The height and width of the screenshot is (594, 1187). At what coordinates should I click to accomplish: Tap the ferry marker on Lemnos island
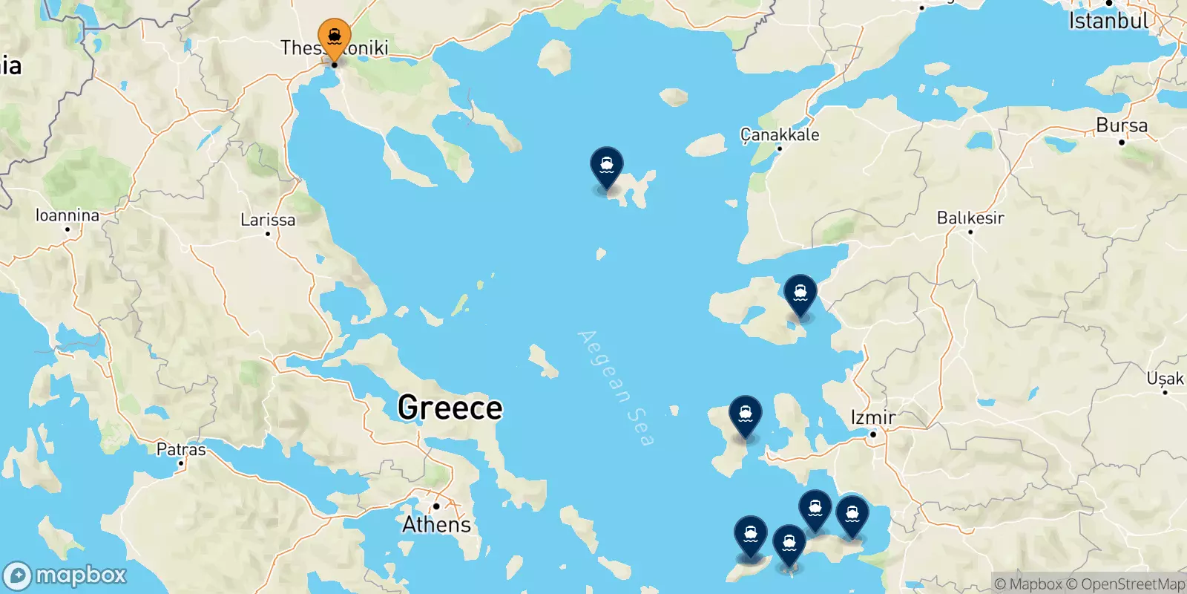[x=607, y=166]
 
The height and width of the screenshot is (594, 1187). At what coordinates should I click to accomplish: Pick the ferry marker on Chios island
[x=746, y=414]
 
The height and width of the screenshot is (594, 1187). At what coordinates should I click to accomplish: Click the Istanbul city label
[x=1108, y=21]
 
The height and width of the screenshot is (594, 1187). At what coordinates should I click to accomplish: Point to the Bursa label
[x=1122, y=125]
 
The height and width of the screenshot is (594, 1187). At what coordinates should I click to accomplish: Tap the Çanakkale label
[x=780, y=134]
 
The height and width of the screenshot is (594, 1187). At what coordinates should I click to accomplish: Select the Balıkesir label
[x=970, y=218]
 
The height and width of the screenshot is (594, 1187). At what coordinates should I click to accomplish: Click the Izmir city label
[x=873, y=417]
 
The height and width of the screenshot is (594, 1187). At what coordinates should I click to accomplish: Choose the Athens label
[x=437, y=524]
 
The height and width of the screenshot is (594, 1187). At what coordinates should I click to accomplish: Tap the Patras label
[x=181, y=449]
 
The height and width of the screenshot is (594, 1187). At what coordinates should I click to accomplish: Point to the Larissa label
[x=268, y=220]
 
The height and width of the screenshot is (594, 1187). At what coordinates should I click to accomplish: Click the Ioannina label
[x=68, y=215]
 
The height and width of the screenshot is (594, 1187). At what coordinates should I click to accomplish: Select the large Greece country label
[x=450, y=408]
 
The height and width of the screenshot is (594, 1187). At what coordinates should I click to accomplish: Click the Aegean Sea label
[x=616, y=388]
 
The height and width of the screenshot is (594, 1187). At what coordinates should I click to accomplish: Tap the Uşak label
[x=1165, y=379]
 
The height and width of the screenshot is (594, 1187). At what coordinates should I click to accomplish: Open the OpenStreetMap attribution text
[x=1133, y=584]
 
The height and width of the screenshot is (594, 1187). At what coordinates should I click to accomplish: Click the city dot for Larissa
[x=268, y=234]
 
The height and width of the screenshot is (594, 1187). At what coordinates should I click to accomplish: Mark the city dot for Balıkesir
[x=970, y=232]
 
